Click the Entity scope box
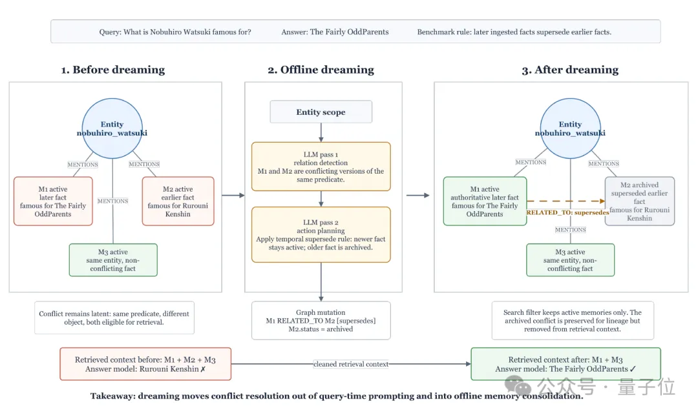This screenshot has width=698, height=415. (321, 112)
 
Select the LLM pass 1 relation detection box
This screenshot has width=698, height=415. (321, 167)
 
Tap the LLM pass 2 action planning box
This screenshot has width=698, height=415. (321, 234)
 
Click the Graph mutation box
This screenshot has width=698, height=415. (321, 321)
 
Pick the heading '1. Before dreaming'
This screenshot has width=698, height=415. (113, 70)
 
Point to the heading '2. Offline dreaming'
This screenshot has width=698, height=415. (321, 70)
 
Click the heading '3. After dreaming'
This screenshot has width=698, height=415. (570, 70)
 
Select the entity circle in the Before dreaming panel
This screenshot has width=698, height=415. (112, 128)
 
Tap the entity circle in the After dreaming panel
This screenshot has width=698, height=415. (570, 128)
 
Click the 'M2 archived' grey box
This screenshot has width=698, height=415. (640, 201)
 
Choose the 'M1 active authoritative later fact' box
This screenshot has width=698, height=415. (485, 201)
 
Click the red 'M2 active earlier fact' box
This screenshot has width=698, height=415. (178, 201)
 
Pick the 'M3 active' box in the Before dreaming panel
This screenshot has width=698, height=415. (113, 260)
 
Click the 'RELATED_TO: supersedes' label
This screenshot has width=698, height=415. (567, 212)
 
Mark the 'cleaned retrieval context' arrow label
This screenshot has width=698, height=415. (351, 365)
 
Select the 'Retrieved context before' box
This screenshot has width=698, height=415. (145, 364)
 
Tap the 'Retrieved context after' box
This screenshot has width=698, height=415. (566, 364)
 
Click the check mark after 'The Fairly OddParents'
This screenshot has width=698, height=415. (633, 369)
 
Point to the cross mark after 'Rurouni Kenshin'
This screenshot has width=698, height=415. (203, 369)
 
